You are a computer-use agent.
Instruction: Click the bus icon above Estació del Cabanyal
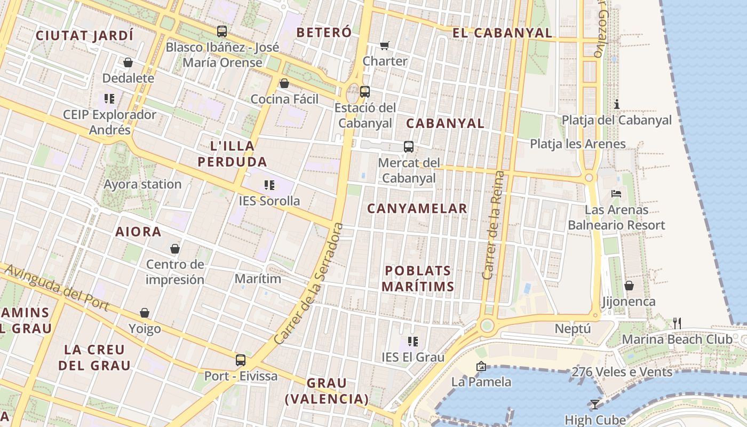click(365, 91)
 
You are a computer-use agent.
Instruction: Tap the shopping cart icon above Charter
click(385, 46)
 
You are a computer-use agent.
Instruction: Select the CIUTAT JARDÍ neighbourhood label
click(84, 36)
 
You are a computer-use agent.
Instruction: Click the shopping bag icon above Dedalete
click(128, 63)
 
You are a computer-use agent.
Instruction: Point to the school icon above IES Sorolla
click(269, 185)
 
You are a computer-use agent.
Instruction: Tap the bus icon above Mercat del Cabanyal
click(409, 146)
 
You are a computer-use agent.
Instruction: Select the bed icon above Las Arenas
click(616, 194)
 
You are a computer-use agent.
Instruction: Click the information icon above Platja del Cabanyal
click(617, 104)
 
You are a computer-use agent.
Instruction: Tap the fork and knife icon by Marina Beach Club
click(677, 323)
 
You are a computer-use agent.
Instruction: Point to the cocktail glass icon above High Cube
click(595, 405)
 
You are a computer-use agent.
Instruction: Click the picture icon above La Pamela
click(481, 366)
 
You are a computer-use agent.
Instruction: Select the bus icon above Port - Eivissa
click(241, 360)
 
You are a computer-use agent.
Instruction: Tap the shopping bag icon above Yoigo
click(145, 313)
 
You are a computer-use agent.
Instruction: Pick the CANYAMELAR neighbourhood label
click(417, 209)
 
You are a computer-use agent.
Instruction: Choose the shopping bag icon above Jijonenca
click(629, 286)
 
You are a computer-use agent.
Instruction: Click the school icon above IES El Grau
click(412, 342)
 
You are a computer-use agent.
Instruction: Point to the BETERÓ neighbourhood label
click(324, 33)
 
